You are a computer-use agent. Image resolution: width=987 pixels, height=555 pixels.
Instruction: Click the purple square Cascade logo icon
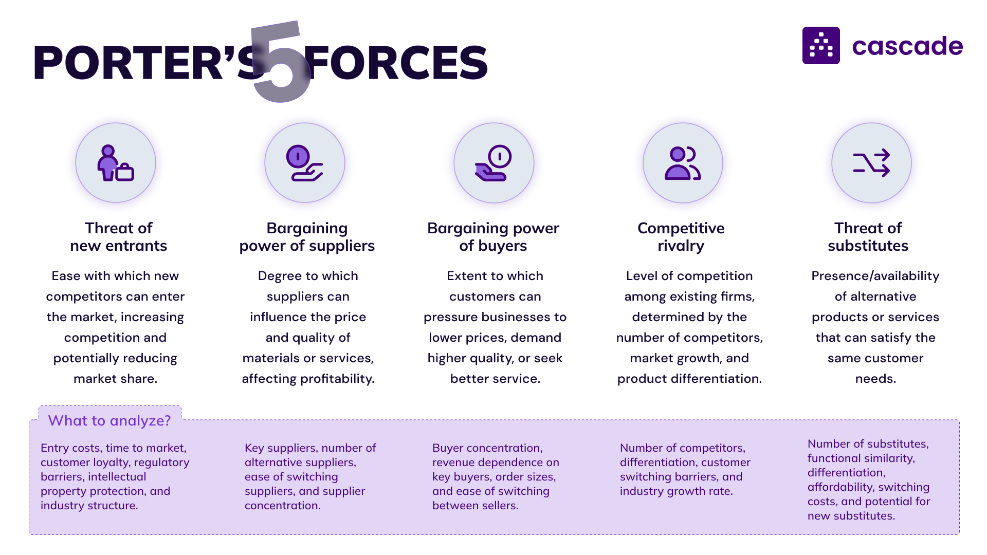(821, 46)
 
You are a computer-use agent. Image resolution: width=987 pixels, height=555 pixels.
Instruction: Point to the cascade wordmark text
(907, 46)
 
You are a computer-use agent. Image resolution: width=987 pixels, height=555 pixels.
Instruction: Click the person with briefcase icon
(116, 163)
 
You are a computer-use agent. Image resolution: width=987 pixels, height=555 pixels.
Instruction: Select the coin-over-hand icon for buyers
(493, 163)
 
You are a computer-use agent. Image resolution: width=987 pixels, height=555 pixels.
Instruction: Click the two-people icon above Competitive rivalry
(683, 163)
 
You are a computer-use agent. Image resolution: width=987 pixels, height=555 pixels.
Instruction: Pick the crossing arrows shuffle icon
(871, 163)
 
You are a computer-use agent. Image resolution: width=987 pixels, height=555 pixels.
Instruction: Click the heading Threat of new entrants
(118, 237)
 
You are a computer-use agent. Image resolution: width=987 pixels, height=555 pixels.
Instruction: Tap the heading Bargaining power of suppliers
(307, 237)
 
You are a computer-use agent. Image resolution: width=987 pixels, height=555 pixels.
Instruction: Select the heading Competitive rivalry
(681, 237)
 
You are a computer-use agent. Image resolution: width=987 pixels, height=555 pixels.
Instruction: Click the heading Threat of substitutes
(868, 237)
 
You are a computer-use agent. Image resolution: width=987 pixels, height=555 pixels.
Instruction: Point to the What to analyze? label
(109, 420)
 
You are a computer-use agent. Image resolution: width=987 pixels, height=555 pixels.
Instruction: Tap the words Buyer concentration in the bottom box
(486, 448)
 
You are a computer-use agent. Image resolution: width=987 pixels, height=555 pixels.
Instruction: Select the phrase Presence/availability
(875, 276)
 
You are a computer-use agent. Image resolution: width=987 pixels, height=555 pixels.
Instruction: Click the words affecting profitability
(308, 379)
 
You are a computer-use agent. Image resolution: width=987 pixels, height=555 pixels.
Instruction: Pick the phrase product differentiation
(689, 379)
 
